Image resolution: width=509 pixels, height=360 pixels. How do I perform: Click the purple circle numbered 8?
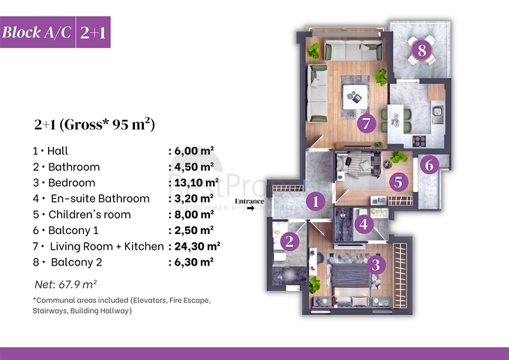(x=422, y=51)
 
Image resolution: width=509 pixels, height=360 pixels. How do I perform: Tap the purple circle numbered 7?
(x=366, y=124)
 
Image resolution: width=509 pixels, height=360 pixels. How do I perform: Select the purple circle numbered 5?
(x=398, y=181)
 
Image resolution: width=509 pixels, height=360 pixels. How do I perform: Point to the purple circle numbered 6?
(x=428, y=165)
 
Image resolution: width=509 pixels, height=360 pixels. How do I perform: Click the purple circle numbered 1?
(x=316, y=201)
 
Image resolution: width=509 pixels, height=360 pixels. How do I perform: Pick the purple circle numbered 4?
(x=364, y=224)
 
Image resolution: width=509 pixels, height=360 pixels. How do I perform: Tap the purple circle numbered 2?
(x=288, y=241)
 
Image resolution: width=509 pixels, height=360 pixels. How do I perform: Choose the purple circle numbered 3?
(x=376, y=264)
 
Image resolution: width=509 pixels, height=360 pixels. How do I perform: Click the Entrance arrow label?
(x=250, y=204)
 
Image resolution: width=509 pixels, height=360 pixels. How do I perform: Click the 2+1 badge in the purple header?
(x=94, y=32)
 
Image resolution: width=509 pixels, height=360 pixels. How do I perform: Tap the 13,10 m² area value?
(x=193, y=182)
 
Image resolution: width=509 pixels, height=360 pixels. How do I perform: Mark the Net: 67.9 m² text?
(x=66, y=283)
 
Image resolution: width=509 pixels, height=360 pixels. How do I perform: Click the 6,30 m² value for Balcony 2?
(x=191, y=262)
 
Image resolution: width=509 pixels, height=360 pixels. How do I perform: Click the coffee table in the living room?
(x=352, y=96)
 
